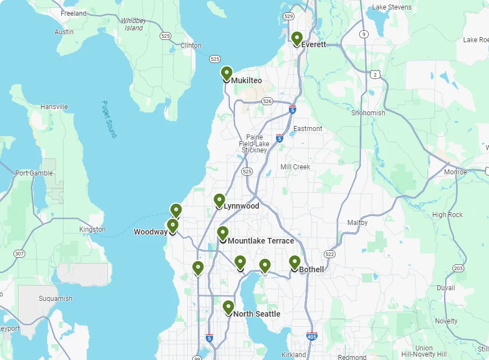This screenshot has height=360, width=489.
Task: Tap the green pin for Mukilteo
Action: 227,74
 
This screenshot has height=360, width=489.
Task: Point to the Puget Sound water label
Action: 109,119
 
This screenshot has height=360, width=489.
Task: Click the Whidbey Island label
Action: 134,24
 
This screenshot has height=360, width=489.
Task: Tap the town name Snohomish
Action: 368,112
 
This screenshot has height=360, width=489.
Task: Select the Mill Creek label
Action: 295,167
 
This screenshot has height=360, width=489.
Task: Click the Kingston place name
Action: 92,229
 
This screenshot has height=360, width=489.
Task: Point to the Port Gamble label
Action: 34,173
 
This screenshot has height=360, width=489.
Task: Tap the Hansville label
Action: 54,107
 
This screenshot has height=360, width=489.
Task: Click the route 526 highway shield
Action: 267,101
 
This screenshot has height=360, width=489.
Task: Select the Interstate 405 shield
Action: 312,336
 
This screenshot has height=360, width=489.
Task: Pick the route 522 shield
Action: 329,254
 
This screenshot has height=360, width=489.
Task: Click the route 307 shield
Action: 19,254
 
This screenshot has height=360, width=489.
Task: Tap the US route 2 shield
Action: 375,74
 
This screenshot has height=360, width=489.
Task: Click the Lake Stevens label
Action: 392,7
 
